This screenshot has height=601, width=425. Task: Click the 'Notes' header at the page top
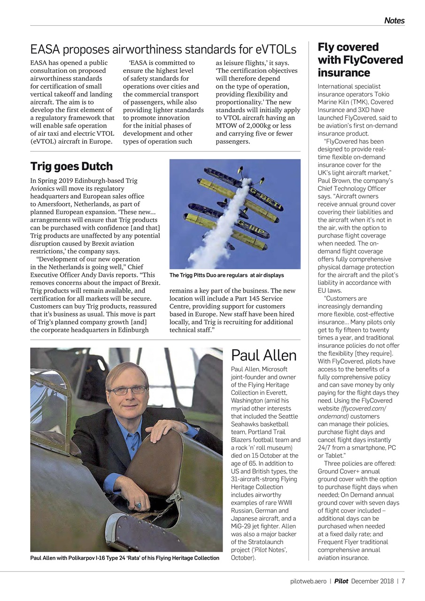(394, 21)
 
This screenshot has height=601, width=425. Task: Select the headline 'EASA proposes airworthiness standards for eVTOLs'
(163, 49)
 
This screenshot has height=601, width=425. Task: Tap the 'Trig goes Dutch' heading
(71, 166)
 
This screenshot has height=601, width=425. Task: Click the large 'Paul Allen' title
(263, 355)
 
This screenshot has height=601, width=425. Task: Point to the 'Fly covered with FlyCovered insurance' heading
(360, 60)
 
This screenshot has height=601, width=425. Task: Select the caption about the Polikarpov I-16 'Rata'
(124, 558)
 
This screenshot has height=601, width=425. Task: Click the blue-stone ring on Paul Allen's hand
(139, 506)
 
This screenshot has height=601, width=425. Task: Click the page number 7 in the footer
(403, 581)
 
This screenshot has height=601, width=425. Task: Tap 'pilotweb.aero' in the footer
(308, 581)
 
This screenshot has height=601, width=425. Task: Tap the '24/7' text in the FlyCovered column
(325, 448)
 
